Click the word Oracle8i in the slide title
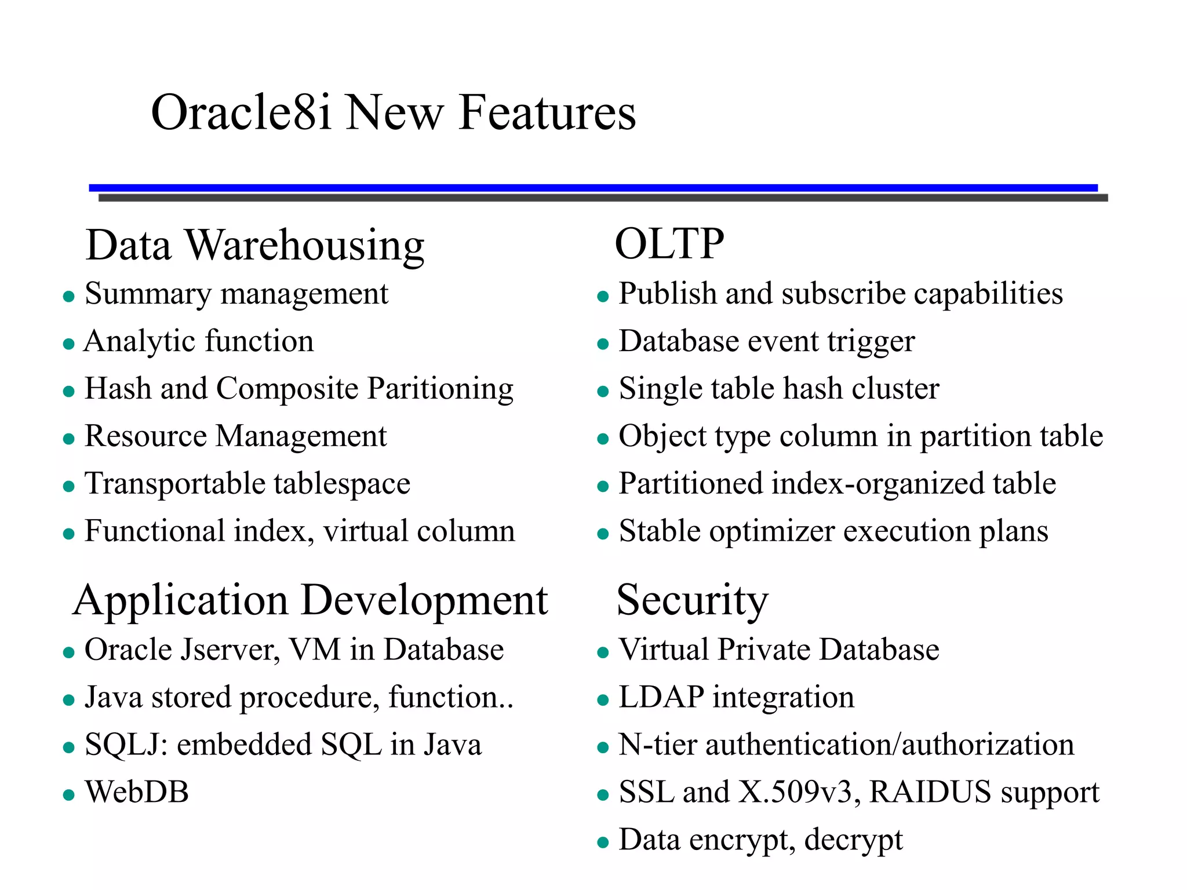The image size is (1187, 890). point(241,112)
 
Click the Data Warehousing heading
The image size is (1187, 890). point(255,245)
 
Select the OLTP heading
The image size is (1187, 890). point(669,244)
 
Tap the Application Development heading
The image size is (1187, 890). point(311,601)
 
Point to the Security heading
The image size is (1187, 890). point(692,601)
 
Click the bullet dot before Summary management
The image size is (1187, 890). point(69,297)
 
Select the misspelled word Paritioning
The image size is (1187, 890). point(440,389)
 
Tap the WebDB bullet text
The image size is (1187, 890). point(137,792)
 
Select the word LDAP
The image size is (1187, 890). point(661,697)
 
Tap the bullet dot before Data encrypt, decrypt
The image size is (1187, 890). point(603,842)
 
